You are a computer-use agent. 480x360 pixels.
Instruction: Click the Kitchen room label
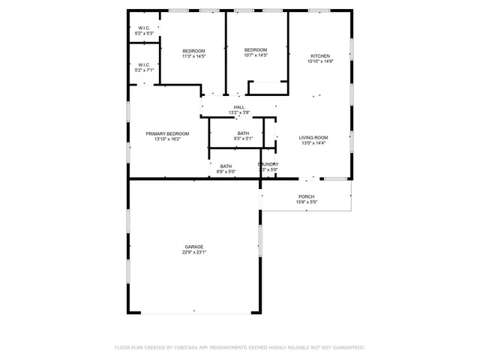click(x=320, y=56)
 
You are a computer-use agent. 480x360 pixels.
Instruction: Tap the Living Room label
click(x=314, y=137)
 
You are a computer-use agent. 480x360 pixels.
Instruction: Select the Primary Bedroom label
click(x=167, y=133)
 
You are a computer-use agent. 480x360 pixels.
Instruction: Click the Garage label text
click(x=194, y=247)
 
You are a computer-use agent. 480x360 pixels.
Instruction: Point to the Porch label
click(x=307, y=196)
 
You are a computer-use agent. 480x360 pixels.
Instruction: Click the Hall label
click(x=239, y=107)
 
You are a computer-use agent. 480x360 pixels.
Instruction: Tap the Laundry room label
click(x=268, y=164)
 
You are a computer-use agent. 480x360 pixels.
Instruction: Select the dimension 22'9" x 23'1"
click(x=194, y=253)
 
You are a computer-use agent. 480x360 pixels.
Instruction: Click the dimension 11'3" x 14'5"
click(x=193, y=56)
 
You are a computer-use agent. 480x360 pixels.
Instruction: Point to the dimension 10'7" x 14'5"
click(x=256, y=55)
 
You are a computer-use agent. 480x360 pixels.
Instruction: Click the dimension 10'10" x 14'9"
click(x=320, y=61)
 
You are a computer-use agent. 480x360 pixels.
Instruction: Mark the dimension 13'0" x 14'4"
click(x=314, y=142)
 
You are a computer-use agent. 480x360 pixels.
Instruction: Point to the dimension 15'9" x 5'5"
click(x=307, y=202)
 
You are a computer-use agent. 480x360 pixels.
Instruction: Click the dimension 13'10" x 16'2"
click(x=167, y=139)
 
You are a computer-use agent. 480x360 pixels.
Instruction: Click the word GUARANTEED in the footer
click(x=346, y=347)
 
